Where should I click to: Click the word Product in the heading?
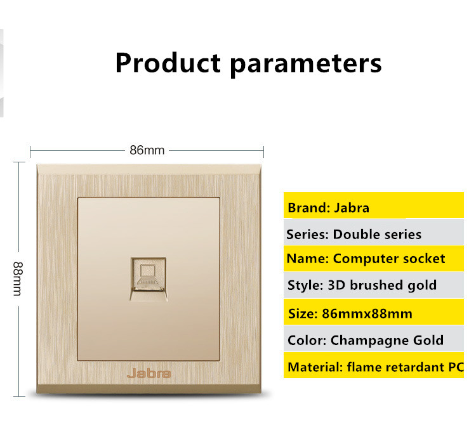point(168,63)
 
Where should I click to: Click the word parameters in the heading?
point(306,65)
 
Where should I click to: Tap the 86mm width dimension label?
point(147,150)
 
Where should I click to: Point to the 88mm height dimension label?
point(18,278)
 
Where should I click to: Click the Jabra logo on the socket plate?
point(149,374)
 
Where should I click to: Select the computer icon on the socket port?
point(147,275)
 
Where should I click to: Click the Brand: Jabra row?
point(374,205)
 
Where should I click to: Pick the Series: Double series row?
point(374,232)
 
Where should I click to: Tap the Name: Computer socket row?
point(374,259)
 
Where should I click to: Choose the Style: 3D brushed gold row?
point(374,285)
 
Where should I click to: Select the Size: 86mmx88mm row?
point(374,312)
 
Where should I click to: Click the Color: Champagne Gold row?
point(374,339)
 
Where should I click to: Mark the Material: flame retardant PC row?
point(374,365)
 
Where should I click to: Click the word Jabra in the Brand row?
point(352,208)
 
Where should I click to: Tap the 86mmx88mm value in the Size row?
point(367,313)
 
